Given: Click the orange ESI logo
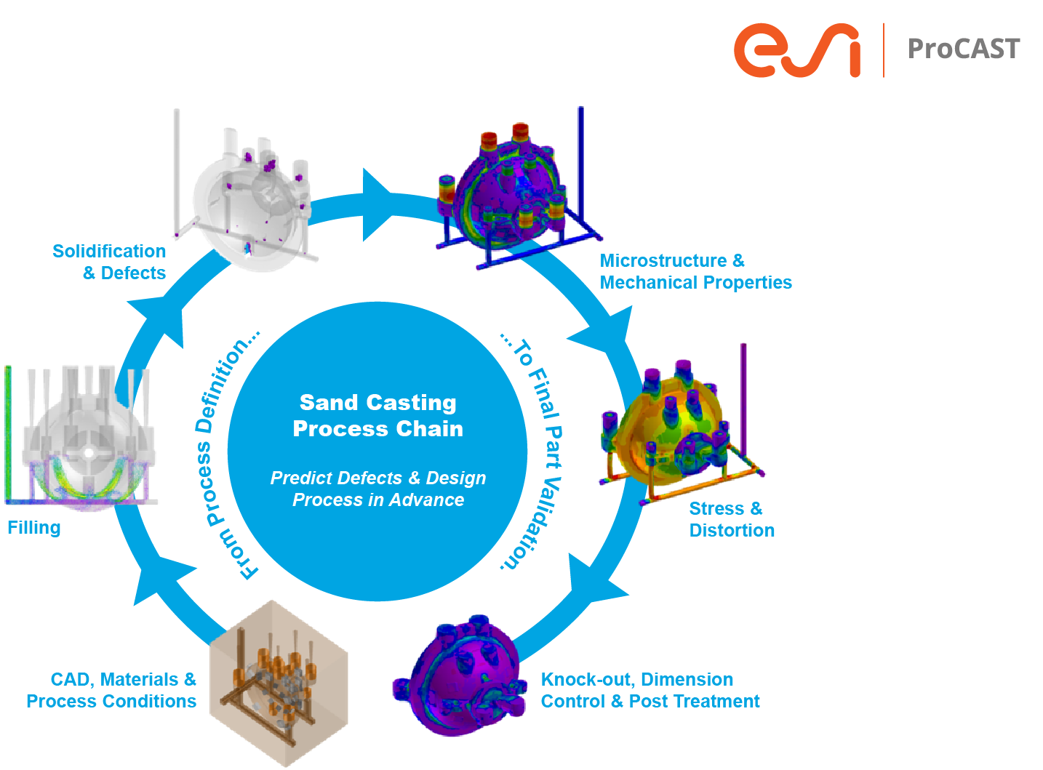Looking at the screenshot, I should [x=796, y=50].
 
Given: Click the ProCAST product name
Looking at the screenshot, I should [x=963, y=49].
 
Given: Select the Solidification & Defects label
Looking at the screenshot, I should [x=109, y=262].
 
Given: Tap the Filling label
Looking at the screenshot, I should [x=34, y=528].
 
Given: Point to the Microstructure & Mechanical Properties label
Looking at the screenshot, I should [x=695, y=271].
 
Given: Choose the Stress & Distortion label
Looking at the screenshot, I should [x=731, y=519].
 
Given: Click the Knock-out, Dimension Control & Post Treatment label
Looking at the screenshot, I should [x=650, y=690].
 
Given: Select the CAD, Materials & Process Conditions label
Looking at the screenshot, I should [x=111, y=690].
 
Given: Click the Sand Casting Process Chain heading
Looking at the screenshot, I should [x=377, y=415].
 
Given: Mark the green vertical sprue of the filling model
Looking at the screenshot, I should [x=8, y=433].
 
